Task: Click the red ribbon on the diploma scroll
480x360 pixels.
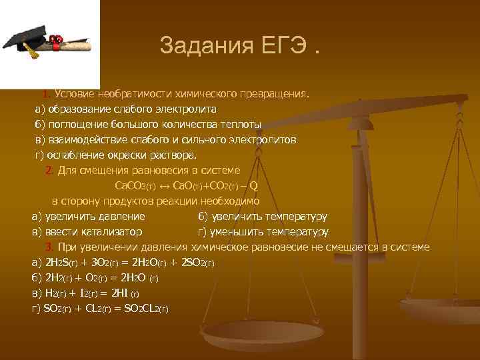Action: tap(57, 41)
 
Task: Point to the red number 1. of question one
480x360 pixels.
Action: tap(47, 93)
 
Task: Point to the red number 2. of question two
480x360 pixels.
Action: tap(49, 171)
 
